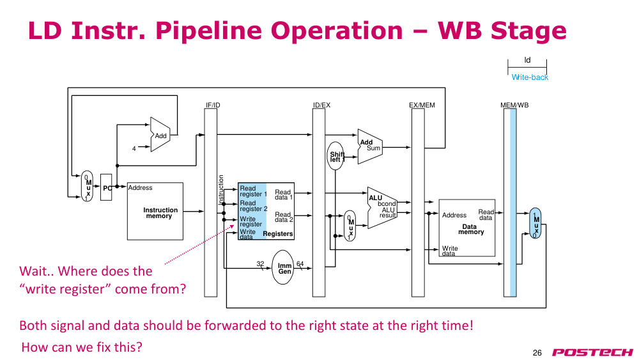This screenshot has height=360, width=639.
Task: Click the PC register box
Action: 106,187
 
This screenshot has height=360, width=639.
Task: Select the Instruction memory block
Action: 155,211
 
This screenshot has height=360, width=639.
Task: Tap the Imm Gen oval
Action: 282,267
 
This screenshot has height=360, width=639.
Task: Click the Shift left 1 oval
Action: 335,156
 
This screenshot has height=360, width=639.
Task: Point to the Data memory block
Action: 466,228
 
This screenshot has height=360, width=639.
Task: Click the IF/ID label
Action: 213,106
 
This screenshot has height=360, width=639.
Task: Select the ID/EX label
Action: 321,106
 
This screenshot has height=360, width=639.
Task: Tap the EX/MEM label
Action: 422,106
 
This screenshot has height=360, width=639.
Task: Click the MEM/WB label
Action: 514,106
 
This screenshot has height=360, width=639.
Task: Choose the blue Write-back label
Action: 530,77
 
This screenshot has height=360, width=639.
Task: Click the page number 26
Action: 537,353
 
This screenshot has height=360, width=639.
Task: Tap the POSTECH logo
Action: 592,352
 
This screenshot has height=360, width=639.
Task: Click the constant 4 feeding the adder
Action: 134,149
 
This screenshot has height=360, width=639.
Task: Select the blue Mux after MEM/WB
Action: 535,223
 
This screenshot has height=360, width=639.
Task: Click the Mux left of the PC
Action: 87,186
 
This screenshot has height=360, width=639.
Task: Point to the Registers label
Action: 278,233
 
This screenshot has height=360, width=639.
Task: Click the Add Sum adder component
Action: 369,147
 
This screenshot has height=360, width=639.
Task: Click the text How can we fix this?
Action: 82,347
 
